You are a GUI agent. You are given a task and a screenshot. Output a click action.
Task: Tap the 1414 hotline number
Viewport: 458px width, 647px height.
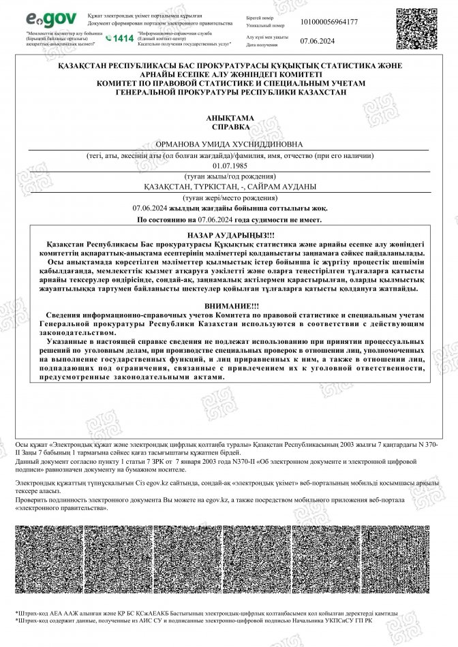(x=120, y=39)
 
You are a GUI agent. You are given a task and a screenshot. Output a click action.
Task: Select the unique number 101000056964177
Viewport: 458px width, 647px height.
(x=324, y=22)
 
